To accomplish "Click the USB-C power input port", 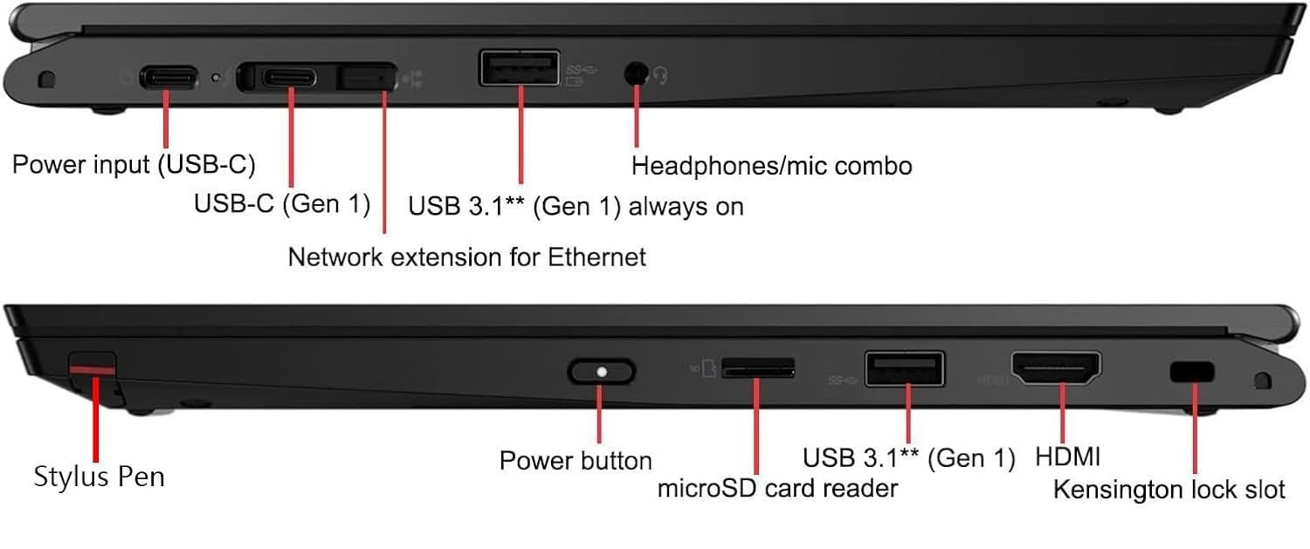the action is coord(168,78).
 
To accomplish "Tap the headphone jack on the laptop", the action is coord(636,73).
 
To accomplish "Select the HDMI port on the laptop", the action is coord(1056,368).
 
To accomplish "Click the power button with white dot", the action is coord(601,372).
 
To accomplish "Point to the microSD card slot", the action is coord(758,368).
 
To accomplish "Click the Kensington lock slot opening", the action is coord(1192,372).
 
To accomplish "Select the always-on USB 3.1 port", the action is coord(520,68).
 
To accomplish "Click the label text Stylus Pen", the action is coord(99,477).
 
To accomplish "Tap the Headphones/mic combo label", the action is coord(771,166).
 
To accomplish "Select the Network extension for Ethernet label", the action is coord(466,257).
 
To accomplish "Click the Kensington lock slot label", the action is coord(1169,490).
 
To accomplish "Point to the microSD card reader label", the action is coord(777,489).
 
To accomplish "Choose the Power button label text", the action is coord(576,461).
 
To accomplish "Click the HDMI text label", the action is coord(1068,456).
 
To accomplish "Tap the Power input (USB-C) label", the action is coord(134,165).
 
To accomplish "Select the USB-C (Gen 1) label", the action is coord(282,204).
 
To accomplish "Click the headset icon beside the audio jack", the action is coord(661,75).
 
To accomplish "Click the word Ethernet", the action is coord(596,257).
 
